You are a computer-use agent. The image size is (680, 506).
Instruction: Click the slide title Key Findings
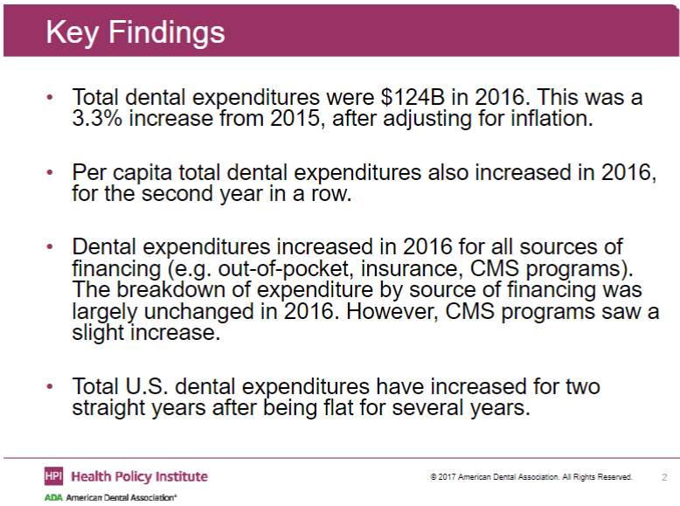click(135, 32)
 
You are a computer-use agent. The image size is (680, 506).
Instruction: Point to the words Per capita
click(119, 173)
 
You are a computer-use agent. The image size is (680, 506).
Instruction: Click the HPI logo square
click(53, 475)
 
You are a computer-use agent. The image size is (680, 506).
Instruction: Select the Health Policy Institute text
click(139, 476)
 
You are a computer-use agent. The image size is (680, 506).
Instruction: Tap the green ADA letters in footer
click(53, 496)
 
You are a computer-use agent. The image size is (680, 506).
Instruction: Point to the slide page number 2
click(664, 477)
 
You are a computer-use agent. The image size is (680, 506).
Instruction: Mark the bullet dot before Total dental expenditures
click(50, 97)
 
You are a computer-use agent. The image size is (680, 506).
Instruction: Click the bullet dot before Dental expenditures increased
click(50, 247)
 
